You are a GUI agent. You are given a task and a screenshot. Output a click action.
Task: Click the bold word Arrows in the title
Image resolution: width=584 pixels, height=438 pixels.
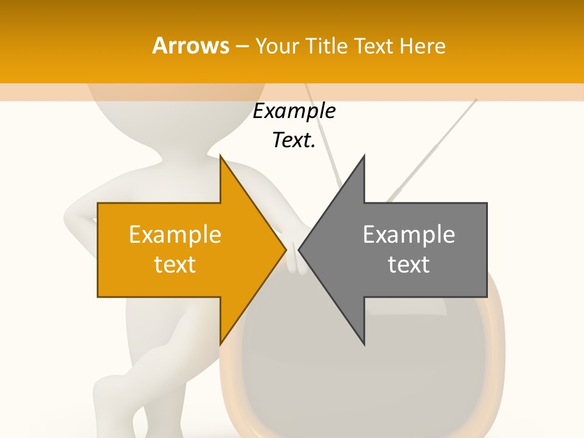coord(191,46)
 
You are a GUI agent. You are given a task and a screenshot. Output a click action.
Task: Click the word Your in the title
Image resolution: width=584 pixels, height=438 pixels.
coord(277,46)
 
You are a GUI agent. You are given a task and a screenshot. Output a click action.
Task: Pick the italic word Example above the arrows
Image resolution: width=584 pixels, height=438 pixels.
coord(294,111)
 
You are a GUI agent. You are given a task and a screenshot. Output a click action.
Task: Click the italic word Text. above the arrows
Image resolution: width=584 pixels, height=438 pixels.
coord(294,141)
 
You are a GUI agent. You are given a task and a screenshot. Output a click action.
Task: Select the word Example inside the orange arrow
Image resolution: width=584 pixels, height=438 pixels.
coord(175,234)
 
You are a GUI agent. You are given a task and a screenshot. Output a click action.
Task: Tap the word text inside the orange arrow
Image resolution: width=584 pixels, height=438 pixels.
coord(175,265)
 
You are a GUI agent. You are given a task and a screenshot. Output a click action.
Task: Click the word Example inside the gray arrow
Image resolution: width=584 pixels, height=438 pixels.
coord(409,234)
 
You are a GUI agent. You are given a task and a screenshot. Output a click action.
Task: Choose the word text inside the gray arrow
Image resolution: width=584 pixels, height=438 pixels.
coord(409,265)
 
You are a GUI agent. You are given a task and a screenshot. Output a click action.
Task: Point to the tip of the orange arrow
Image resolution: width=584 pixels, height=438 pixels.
coord(285,249)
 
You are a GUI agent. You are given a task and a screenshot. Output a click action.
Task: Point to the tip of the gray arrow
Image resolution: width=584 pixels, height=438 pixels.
coord(300,249)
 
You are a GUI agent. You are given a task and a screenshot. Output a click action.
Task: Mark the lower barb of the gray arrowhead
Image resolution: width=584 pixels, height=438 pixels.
coord(363,342)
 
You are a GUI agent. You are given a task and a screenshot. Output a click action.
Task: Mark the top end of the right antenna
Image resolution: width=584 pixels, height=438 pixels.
coord(476,100)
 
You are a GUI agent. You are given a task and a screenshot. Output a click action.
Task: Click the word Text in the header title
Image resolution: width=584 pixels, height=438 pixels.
coord(374,46)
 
